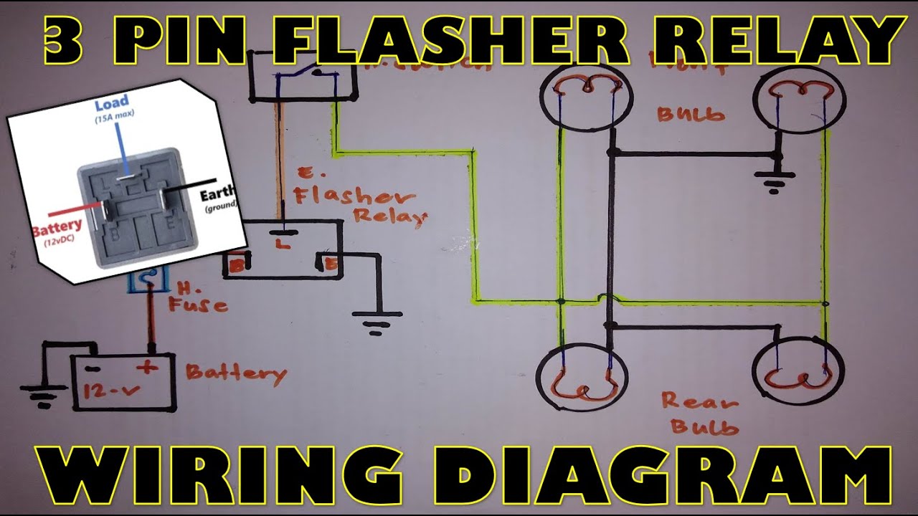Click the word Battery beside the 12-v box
[236, 373]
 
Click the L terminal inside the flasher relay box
[282, 243]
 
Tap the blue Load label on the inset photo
[112, 102]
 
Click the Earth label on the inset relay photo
[217, 196]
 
